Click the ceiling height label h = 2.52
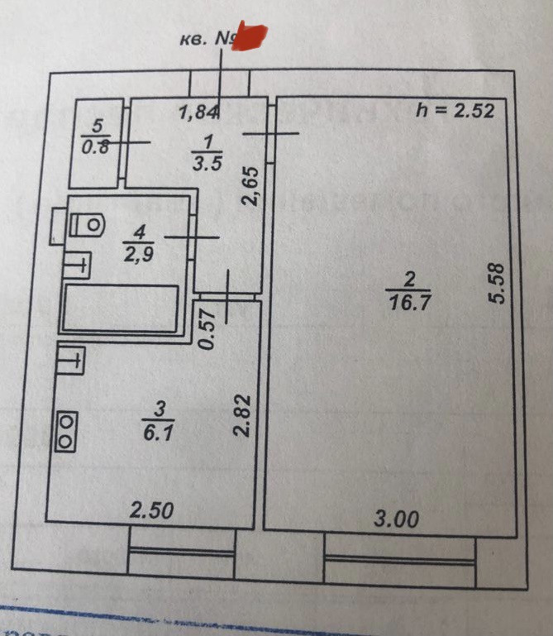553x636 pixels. [453, 111]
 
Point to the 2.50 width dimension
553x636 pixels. [151, 510]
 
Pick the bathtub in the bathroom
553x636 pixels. [122, 308]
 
